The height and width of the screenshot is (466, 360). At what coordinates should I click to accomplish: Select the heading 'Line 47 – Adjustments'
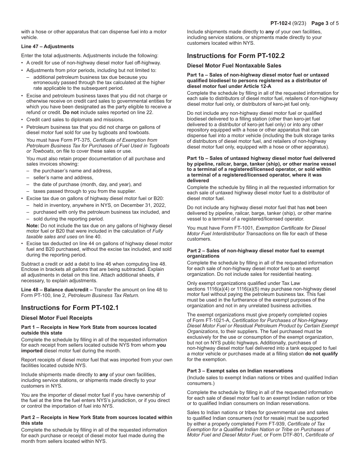pos(47,47)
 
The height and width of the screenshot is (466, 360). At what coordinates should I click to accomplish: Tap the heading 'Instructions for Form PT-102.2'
pos(236,56)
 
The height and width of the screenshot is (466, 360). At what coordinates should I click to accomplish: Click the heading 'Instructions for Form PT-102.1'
pos(70,308)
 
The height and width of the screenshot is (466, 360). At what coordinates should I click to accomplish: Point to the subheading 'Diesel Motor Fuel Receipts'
pos(56,318)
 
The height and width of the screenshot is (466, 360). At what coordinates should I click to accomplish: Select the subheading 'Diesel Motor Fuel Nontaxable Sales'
pos(234,66)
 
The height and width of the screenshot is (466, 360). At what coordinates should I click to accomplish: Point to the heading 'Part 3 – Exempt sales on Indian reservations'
pos(240,371)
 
